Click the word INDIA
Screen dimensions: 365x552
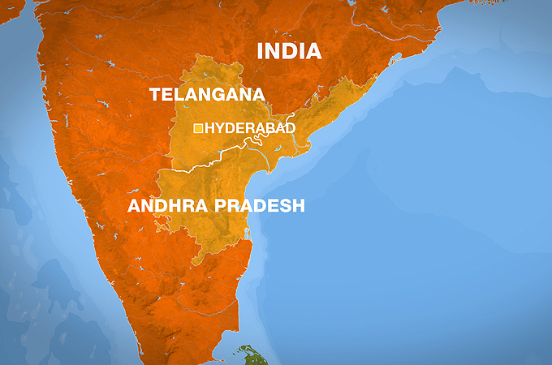coord(289,51)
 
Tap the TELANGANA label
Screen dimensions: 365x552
coord(208,95)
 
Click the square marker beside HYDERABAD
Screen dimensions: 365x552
coord(198,128)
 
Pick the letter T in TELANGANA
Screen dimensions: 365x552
coord(155,95)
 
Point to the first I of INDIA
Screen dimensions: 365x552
coord(261,51)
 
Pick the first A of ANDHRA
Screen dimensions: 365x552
coord(135,206)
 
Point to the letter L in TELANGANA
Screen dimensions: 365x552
coord(179,95)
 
